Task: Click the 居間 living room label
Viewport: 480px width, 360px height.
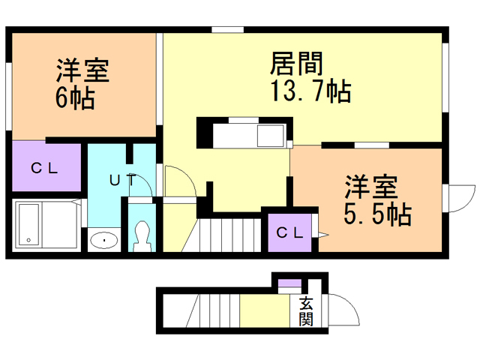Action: click(296, 63)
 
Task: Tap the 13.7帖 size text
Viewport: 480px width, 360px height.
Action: click(310, 91)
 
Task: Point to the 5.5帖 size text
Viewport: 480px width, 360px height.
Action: click(378, 214)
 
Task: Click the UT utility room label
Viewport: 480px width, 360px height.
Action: click(123, 180)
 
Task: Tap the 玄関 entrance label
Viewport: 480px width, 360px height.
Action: click(306, 311)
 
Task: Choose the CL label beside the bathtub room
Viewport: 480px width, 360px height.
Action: click(44, 168)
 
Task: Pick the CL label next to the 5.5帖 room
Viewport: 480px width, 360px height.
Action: click(289, 233)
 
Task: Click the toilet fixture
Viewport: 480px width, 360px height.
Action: click(142, 236)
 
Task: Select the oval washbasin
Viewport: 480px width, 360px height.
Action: click(104, 240)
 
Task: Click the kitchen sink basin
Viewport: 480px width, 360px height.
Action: click(271, 136)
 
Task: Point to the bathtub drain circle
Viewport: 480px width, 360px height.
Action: click(28, 240)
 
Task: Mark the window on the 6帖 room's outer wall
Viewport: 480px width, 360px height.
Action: click(9, 96)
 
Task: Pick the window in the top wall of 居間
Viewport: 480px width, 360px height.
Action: click(228, 30)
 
